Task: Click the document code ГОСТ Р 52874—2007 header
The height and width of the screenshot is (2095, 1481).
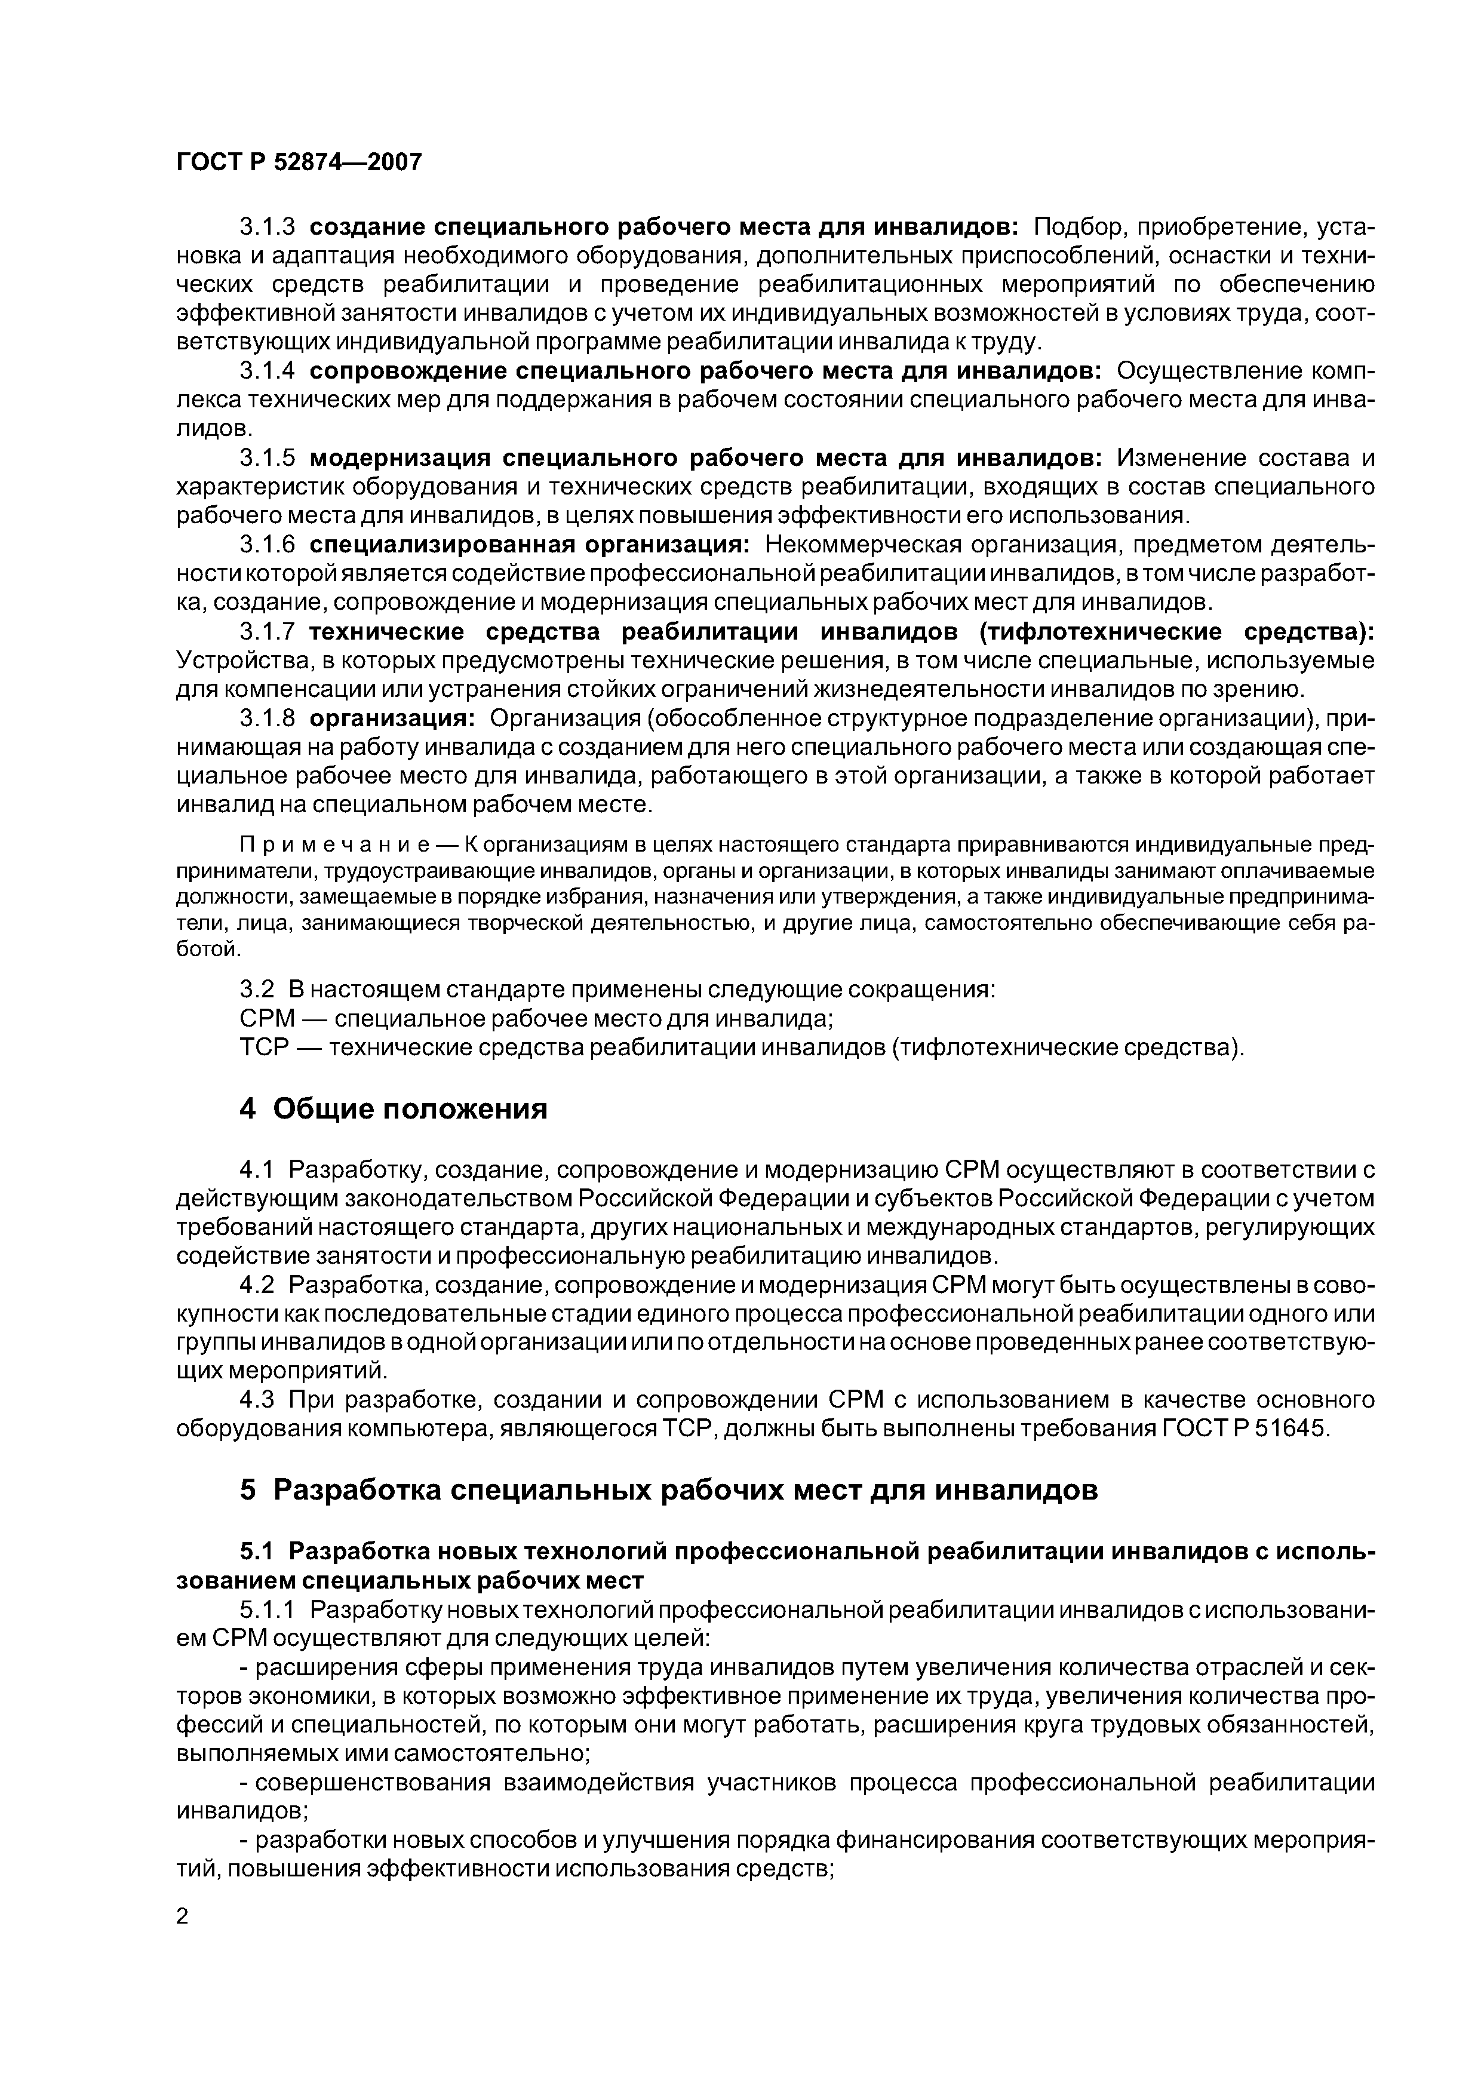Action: click(x=299, y=162)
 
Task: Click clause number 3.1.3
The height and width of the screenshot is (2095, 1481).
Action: click(x=266, y=226)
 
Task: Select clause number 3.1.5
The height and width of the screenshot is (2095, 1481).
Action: click(x=266, y=458)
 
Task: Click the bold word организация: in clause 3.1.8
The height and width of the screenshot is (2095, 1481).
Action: click(x=388, y=719)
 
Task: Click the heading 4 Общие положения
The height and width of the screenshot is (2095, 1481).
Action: click(x=394, y=1110)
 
